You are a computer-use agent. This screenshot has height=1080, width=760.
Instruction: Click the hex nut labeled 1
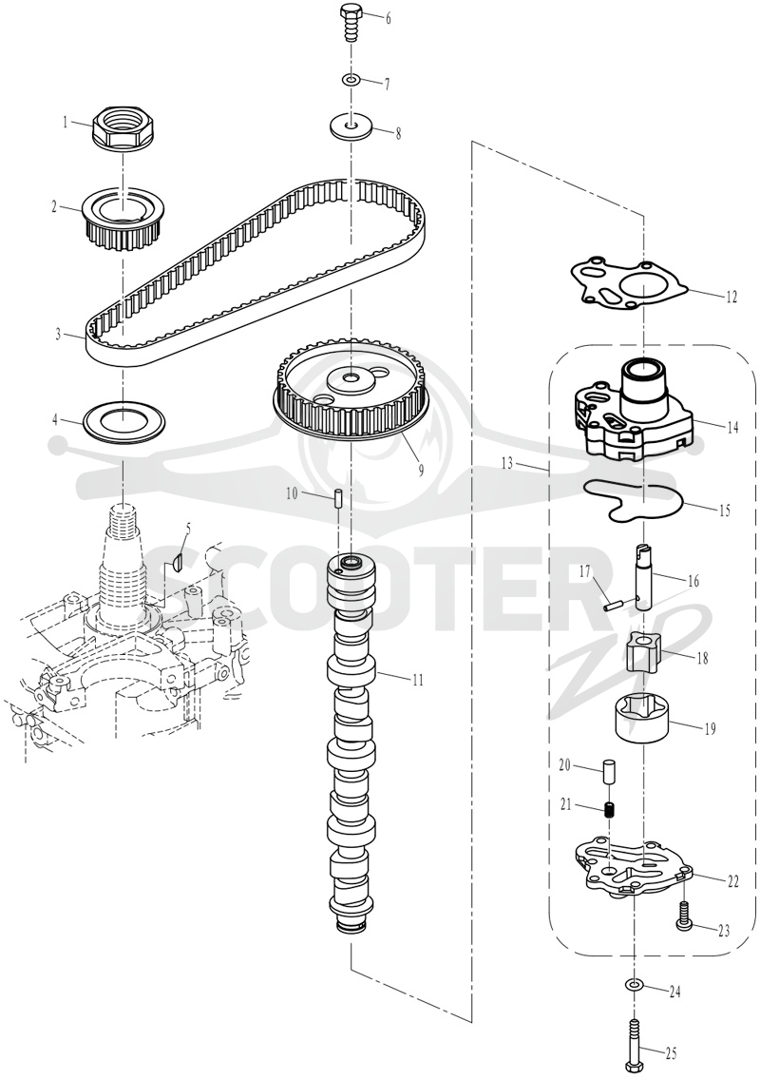coord(121,127)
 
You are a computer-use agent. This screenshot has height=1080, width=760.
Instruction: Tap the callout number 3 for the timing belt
coord(59,335)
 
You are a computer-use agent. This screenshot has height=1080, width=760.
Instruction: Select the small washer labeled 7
coord(352,81)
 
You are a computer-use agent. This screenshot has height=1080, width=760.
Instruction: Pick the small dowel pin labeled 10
coord(338,497)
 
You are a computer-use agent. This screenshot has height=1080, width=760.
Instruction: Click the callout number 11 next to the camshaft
coord(417,681)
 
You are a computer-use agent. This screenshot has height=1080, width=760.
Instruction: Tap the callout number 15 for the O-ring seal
coord(724,511)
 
